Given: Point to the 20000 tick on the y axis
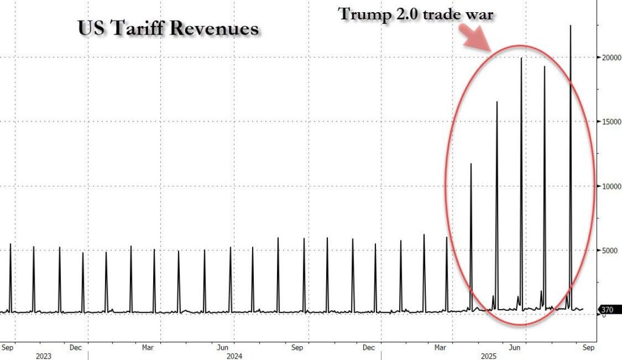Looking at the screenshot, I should (x=609, y=58).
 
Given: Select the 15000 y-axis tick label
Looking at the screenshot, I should (x=609, y=122).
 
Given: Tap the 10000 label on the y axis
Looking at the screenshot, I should (x=609, y=186).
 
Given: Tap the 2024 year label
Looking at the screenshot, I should (x=234, y=356).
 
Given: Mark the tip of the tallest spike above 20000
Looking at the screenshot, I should (x=570, y=25).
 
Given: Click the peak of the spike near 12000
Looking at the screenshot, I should (x=470, y=164).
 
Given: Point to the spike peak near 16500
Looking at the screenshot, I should (x=497, y=102).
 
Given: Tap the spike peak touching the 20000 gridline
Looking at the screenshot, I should (x=521, y=58).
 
